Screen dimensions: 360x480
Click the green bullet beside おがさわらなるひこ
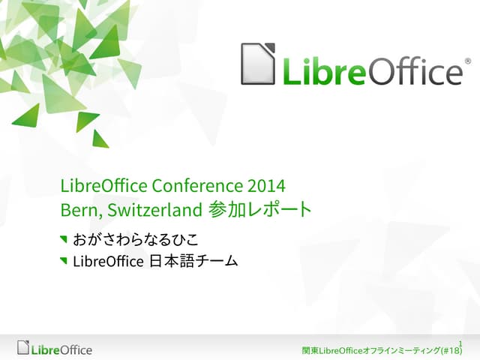click(x=63, y=240)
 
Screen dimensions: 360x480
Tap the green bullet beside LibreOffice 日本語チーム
click(x=63, y=261)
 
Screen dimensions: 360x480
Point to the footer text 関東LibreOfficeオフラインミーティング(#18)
click(x=382, y=351)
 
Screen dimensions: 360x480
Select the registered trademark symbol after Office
click(x=468, y=60)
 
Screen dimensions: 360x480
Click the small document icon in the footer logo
click(x=24, y=348)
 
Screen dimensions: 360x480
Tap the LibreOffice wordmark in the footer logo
click(x=61, y=349)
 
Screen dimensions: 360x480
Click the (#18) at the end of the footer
click(x=451, y=351)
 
